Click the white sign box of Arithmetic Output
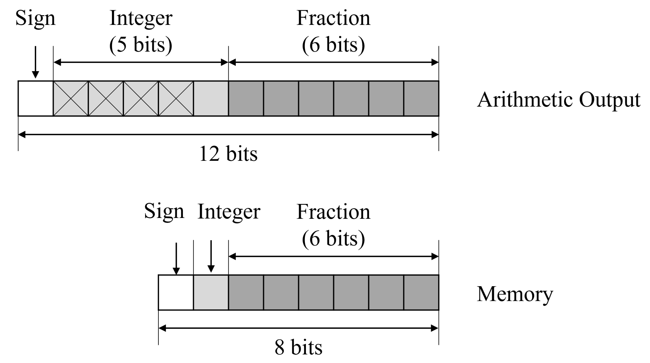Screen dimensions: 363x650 [35, 98]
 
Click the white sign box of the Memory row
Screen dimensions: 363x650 [176, 292]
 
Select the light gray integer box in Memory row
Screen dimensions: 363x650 [211, 292]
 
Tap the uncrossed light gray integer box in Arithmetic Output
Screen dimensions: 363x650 [211, 98]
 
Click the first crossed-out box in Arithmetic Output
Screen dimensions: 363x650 [70, 98]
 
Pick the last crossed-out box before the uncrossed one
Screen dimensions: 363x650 [176, 98]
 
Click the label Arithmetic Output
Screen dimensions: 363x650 [558, 100]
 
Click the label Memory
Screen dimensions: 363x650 [515, 294]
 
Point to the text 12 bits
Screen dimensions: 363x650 [228, 154]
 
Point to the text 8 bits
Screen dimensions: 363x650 [298, 348]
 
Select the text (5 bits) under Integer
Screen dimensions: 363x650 [141, 45]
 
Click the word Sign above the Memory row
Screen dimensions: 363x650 [164, 212]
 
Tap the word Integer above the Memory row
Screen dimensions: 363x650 [229, 212]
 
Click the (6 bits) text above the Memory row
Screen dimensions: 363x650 [333, 239]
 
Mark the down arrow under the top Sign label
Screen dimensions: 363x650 [35, 62]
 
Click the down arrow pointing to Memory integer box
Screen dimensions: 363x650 [211, 256]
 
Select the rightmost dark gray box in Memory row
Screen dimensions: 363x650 [421, 292]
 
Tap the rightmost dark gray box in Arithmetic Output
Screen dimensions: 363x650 [421, 98]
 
